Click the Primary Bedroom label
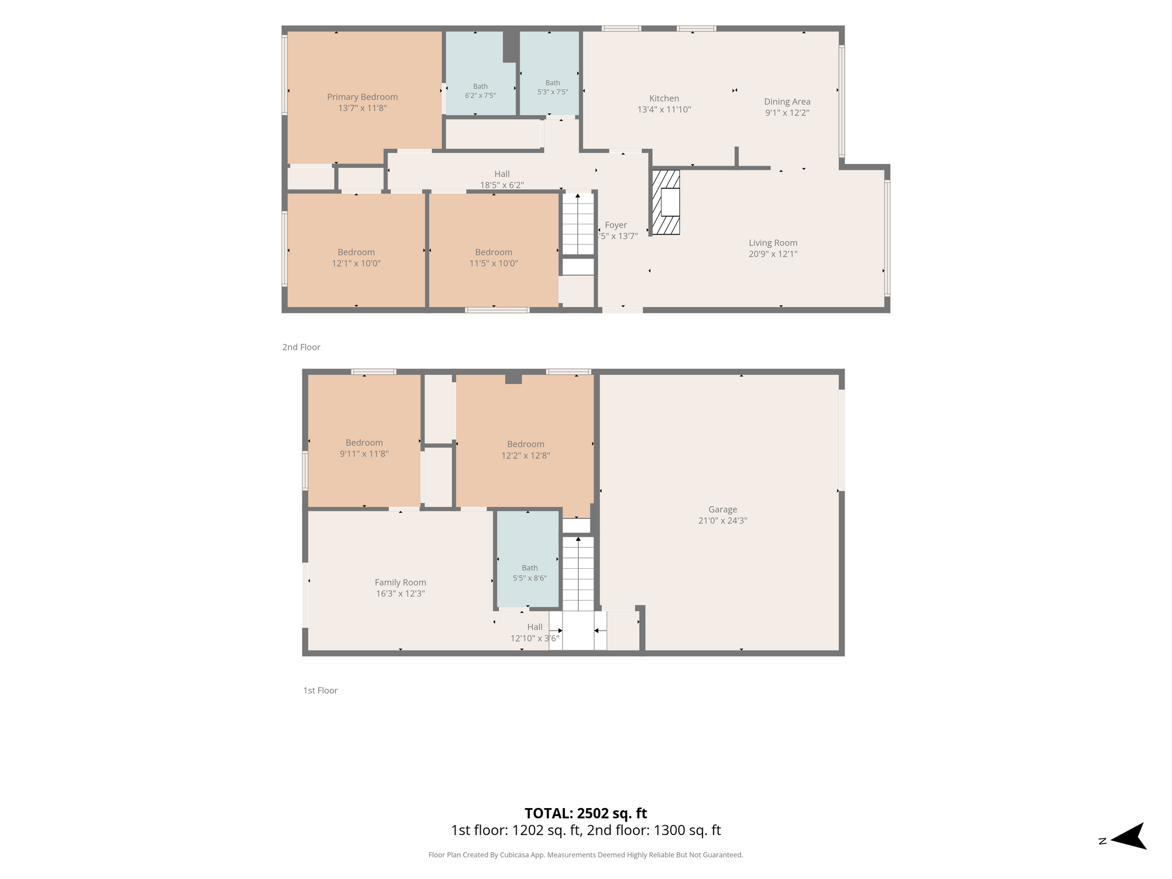(x=362, y=97)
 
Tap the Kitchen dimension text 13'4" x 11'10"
(x=664, y=109)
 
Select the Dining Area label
(x=787, y=102)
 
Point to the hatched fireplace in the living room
(x=666, y=202)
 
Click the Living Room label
(x=773, y=243)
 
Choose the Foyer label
(x=616, y=225)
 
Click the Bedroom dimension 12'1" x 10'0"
(x=357, y=263)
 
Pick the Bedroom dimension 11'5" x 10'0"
(x=494, y=263)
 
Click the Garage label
(x=723, y=509)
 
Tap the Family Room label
(x=401, y=583)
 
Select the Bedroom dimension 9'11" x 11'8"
(x=364, y=454)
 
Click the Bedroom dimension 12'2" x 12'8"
(x=525, y=456)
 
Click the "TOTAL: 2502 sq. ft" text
(x=586, y=813)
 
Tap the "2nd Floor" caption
(x=302, y=347)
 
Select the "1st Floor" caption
(x=320, y=691)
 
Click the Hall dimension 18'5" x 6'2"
(x=502, y=185)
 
